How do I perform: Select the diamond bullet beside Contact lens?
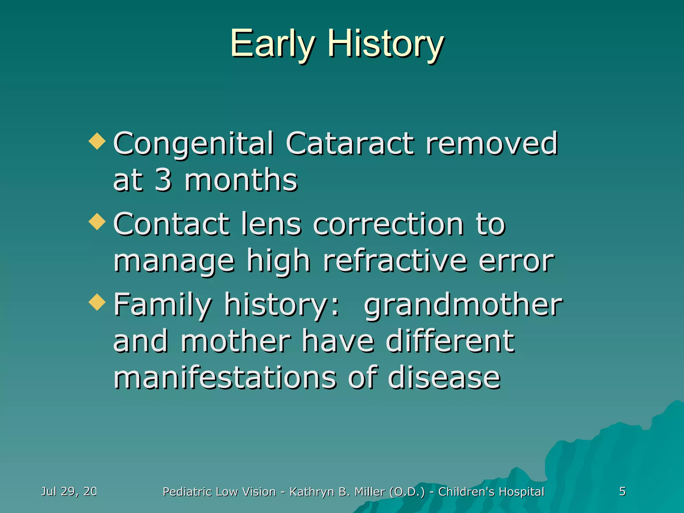click(x=97, y=221)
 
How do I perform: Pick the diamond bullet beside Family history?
click(x=97, y=302)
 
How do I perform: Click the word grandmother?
click(x=463, y=305)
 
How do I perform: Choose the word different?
click(x=450, y=341)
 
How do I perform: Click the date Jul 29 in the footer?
click(x=68, y=491)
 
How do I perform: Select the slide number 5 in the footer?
click(x=622, y=491)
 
